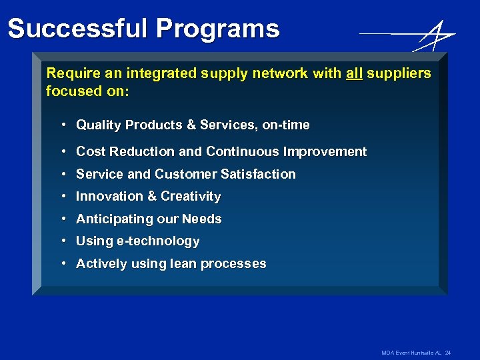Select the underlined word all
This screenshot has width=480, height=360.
[x=354, y=73]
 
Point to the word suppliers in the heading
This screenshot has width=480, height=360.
[x=399, y=73]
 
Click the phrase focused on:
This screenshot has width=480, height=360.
[x=87, y=91]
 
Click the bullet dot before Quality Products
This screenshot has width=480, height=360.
[x=62, y=125]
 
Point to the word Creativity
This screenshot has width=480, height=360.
[x=191, y=196]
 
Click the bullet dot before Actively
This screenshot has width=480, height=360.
[x=62, y=263]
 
